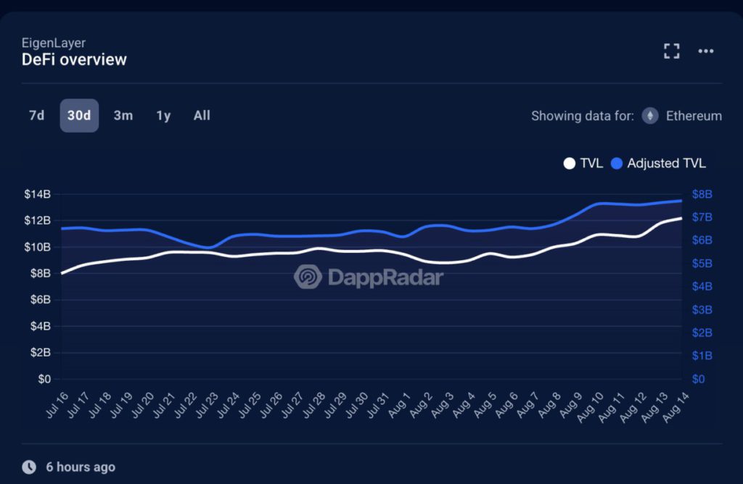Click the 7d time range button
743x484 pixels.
pyautogui.click(x=36, y=115)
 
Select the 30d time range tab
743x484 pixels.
pyautogui.click(x=79, y=115)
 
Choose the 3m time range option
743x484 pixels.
pyautogui.click(x=123, y=115)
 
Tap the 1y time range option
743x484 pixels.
pyautogui.click(x=163, y=115)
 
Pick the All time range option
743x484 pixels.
pyautogui.click(x=202, y=115)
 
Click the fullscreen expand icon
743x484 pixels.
pyautogui.click(x=672, y=51)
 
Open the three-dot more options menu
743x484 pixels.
pyautogui.click(x=706, y=51)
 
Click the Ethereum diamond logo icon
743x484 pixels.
pyautogui.click(x=650, y=116)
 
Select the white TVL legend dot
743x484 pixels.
pyautogui.click(x=570, y=164)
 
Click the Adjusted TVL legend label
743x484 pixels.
pyautogui.click(x=666, y=164)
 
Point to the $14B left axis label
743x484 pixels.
pyautogui.click(x=36, y=194)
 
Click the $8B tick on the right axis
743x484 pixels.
pyautogui.click(x=702, y=194)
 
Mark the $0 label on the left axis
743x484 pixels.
pyautogui.click(x=43, y=379)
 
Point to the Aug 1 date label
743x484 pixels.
pyautogui.click(x=399, y=406)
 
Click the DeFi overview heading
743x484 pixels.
pyautogui.click(x=74, y=59)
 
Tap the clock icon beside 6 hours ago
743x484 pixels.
pyautogui.click(x=29, y=467)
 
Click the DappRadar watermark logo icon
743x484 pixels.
pyautogui.click(x=308, y=277)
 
